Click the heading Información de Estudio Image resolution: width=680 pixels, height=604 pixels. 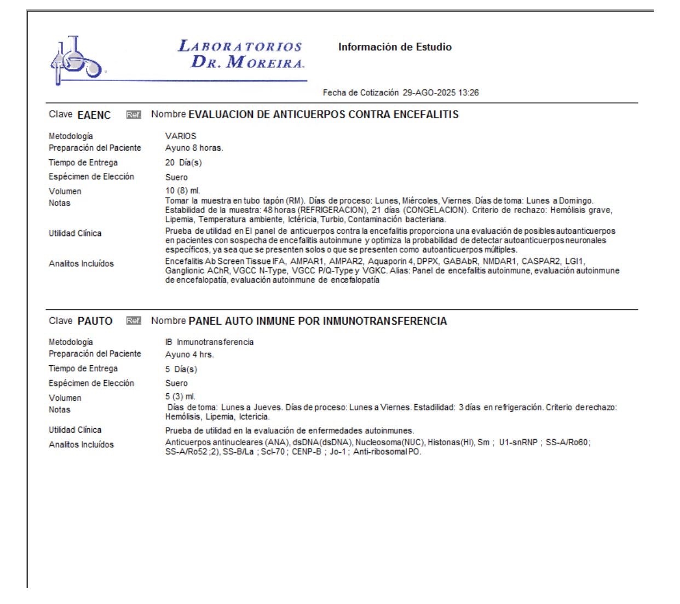(x=395, y=47)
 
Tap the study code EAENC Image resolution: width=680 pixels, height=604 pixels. (x=94, y=115)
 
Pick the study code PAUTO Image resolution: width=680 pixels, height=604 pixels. (x=95, y=321)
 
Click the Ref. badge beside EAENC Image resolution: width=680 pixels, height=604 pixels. (x=134, y=115)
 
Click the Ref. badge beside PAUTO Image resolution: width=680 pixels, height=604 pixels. (x=134, y=321)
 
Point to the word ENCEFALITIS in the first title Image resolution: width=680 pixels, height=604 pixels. (x=426, y=114)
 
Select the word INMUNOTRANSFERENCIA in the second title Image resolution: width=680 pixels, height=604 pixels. (x=385, y=321)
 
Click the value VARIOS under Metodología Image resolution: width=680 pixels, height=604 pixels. (x=181, y=136)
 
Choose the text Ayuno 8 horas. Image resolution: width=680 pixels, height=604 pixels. (x=194, y=148)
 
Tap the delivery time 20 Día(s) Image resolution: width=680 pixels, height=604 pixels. (x=183, y=163)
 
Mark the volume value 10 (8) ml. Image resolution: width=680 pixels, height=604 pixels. (x=183, y=191)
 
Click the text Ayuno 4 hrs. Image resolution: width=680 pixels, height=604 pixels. (x=189, y=354)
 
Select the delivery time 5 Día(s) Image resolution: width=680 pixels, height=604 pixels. (x=181, y=369)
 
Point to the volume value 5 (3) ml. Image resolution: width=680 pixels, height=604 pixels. (x=180, y=396)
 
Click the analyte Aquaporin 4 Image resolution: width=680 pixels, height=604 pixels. (x=391, y=261)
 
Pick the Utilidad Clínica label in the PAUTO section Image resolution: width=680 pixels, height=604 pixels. (x=75, y=430)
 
